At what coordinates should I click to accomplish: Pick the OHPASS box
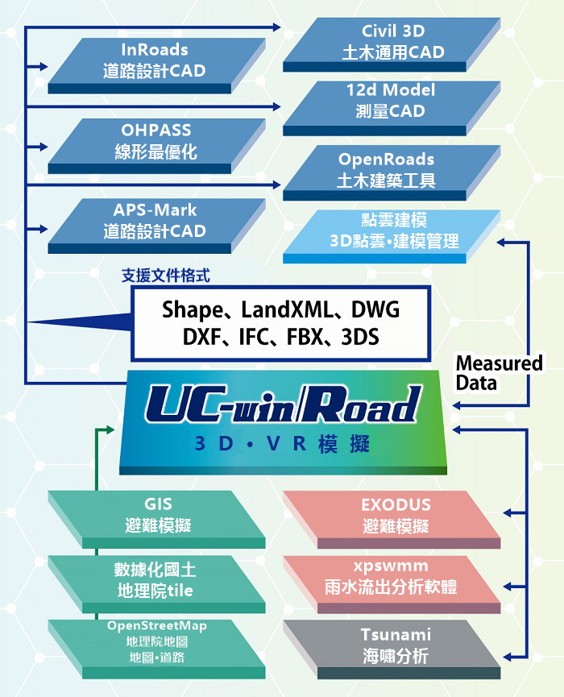pos(155,140)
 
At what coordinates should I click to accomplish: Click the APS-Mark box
pos(155,221)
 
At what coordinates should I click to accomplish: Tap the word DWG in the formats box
pos(375,310)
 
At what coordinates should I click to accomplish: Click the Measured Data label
pos(499,372)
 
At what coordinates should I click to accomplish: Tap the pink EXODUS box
pos(395,515)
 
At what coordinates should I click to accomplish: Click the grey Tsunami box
pos(395,645)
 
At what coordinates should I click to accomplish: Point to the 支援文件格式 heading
pos(166,276)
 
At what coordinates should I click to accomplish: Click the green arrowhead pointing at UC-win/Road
pos(113,429)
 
